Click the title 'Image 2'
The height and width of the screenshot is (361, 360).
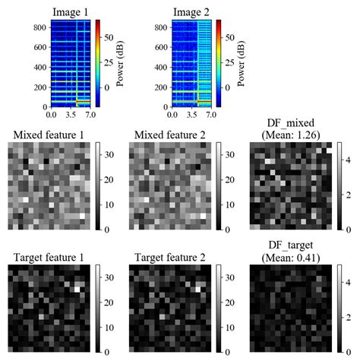(191, 10)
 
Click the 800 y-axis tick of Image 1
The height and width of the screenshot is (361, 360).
(41, 27)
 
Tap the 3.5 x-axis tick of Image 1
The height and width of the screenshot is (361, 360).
(73, 116)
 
